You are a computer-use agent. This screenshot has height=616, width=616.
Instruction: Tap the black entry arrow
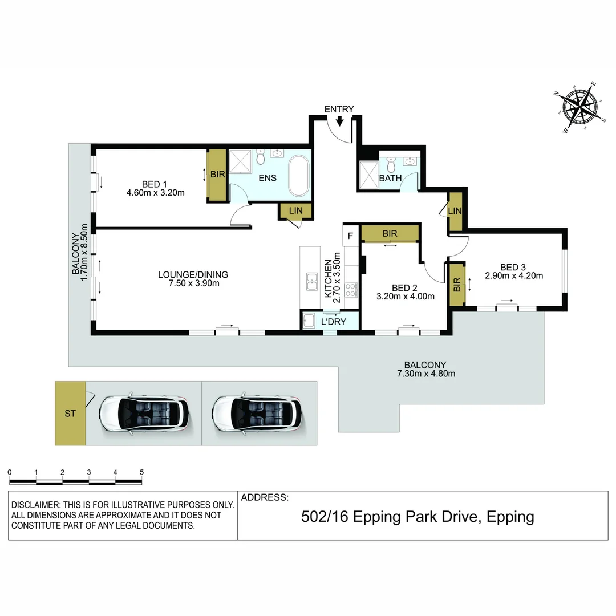340,121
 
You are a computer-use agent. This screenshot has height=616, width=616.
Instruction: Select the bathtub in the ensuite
298,177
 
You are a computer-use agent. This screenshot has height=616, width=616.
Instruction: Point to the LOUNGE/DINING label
188,275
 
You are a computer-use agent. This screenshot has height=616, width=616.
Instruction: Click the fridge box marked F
350,235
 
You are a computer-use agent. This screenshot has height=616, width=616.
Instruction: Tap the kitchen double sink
312,281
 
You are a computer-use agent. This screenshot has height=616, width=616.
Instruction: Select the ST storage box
70,414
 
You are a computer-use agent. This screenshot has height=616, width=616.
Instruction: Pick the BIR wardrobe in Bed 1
217,175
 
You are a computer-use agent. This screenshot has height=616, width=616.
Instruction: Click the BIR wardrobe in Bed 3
457,284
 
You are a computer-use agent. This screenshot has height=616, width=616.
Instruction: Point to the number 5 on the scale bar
141,472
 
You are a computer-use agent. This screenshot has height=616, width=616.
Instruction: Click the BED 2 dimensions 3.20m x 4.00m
406,296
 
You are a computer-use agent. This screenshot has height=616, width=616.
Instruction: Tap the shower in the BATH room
367,175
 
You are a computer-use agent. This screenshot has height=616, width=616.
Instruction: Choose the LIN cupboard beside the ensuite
295,211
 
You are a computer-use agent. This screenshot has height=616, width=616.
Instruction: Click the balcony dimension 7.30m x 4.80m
425,374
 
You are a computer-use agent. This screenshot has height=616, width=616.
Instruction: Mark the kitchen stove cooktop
352,289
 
